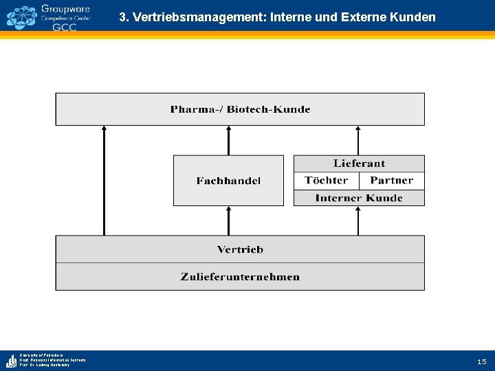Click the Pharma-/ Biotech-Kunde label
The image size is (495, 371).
tap(240, 109)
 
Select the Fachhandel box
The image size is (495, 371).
tap(228, 181)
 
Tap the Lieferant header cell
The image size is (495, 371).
tap(359, 164)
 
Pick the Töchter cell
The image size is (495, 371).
tap(326, 181)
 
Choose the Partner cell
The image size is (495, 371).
tap(391, 181)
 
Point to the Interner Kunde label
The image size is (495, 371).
tap(359, 198)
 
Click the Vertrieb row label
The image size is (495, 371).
tap(240, 249)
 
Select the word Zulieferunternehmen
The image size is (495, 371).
tap(240, 277)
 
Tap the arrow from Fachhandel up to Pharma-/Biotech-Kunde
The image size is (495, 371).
tap(229, 140)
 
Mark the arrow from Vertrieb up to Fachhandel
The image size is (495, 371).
tap(229, 221)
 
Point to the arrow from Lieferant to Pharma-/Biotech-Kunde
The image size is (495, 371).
tap(357, 140)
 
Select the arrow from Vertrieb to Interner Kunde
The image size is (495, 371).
tap(357, 221)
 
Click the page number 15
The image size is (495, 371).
tap(481, 361)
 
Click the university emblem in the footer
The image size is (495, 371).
tap(11, 361)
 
